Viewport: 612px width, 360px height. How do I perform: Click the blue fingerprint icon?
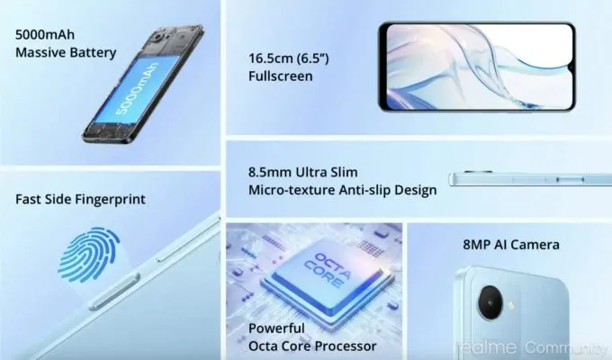(x=88, y=255)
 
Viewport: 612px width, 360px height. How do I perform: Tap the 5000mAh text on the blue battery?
(x=137, y=88)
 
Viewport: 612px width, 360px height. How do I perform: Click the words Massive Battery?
(x=66, y=53)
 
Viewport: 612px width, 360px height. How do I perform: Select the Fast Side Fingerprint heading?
(x=80, y=199)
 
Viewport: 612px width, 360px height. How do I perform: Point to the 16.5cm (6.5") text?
(x=289, y=58)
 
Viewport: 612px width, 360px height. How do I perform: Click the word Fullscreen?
(x=281, y=76)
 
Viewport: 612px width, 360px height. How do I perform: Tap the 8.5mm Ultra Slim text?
(x=303, y=172)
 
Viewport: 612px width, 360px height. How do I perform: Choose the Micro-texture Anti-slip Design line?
(x=343, y=190)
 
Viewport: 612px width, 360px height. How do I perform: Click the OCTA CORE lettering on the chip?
(x=327, y=268)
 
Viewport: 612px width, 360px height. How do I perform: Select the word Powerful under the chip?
(x=276, y=328)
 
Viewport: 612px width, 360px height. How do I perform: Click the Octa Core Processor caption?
(x=312, y=346)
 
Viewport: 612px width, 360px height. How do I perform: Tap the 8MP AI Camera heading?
(x=511, y=245)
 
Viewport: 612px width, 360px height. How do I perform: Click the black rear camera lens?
(x=490, y=302)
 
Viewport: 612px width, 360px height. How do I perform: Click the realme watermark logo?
(x=485, y=347)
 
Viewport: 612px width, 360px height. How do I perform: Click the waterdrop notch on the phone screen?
(x=569, y=68)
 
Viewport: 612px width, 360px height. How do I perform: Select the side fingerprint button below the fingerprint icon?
(x=115, y=292)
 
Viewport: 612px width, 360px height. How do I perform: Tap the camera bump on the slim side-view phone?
(x=477, y=172)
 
